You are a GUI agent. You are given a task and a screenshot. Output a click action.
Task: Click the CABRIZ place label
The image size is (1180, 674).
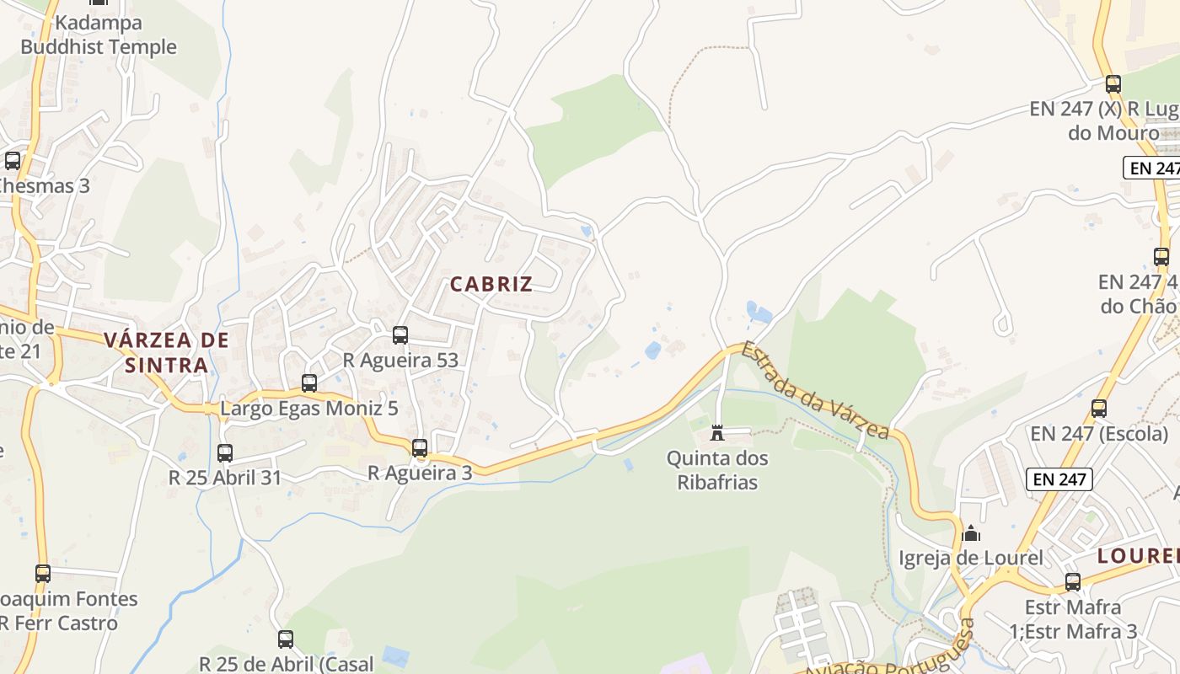click(x=491, y=284)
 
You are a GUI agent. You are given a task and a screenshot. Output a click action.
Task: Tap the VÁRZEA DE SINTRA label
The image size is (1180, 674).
click(x=167, y=352)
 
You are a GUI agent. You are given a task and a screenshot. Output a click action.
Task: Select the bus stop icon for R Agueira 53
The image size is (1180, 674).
click(x=400, y=335)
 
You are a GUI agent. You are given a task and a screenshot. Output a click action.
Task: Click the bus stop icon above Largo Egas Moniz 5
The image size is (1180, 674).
click(x=309, y=383)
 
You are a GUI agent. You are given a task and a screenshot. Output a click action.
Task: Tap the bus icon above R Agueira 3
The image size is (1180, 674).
click(x=420, y=448)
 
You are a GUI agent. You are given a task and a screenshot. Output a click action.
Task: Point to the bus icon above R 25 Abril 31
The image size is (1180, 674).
click(x=225, y=453)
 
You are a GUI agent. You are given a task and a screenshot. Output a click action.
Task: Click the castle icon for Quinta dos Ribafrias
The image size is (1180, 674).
click(x=717, y=433)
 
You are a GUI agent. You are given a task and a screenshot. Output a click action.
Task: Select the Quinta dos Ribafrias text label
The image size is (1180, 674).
click(x=717, y=470)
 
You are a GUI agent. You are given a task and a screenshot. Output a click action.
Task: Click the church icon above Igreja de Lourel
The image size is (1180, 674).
click(x=971, y=533)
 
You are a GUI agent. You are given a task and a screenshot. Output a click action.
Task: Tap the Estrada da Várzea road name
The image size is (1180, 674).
click(x=815, y=390)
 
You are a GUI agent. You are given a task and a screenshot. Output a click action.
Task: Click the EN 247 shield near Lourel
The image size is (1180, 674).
click(x=1059, y=479)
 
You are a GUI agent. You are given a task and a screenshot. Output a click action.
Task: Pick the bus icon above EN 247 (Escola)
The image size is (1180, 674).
click(x=1099, y=409)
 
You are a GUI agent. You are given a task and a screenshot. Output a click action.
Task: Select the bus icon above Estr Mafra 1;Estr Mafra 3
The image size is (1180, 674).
click(x=1073, y=582)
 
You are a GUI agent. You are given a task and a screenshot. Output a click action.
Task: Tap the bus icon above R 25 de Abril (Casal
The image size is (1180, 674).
click(x=286, y=639)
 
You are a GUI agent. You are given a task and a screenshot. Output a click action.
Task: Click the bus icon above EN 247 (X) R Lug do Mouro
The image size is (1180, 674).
click(x=1113, y=84)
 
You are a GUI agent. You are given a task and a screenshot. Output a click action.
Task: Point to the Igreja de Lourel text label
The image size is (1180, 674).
click(x=971, y=558)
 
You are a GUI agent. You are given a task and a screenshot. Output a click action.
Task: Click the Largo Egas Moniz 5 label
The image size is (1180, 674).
click(x=309, y=409)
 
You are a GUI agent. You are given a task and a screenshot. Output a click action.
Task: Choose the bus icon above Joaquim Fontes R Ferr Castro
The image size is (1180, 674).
click(x=43, y=574)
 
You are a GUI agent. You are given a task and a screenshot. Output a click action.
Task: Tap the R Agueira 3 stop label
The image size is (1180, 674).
click(x=420, y=473)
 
